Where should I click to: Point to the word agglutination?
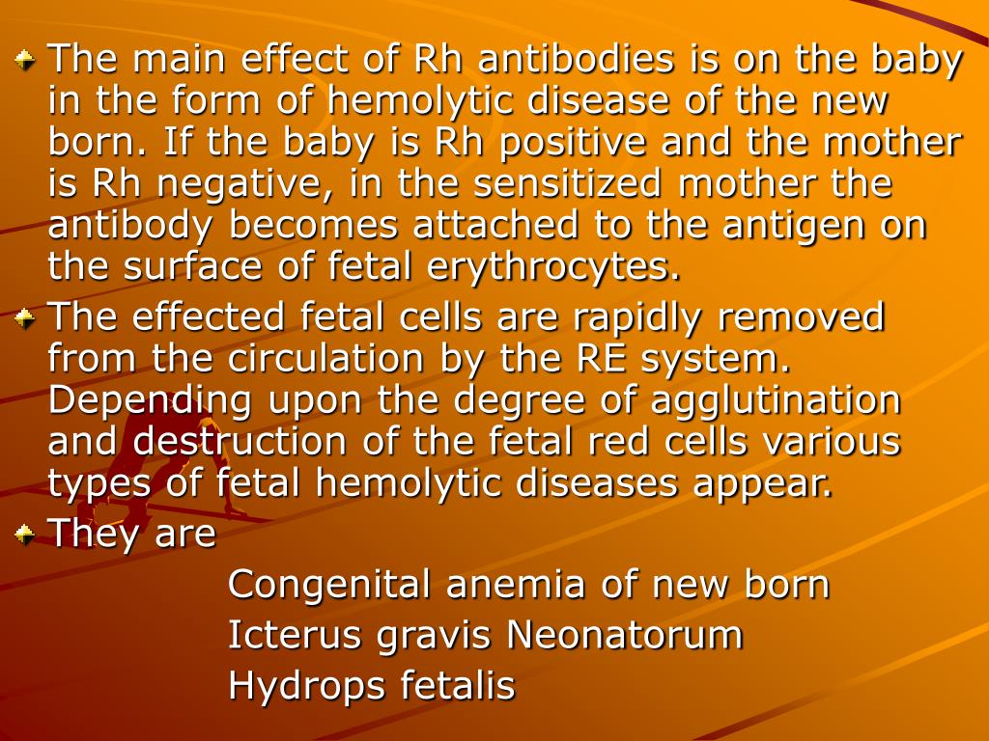coord(777,400)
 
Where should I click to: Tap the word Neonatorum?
coord(625,636)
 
